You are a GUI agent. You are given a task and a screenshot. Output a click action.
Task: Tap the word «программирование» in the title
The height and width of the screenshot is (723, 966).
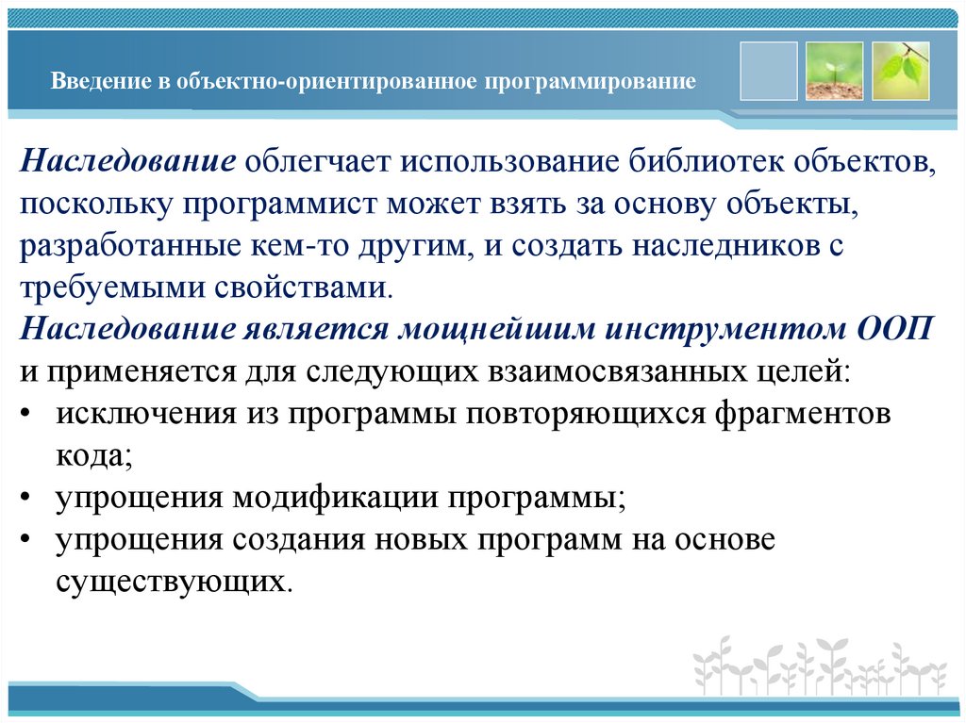tap(591, 82)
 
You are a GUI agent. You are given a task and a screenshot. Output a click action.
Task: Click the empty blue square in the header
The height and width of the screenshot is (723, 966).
tap(769, 71)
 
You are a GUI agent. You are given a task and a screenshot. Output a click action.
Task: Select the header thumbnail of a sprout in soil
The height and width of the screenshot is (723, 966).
tap(835, 71)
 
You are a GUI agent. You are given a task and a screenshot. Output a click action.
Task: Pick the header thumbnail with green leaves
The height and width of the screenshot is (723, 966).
tap(901, 71)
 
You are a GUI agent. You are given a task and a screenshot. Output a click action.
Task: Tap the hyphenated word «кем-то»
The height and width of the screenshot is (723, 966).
tap(298, 247)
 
